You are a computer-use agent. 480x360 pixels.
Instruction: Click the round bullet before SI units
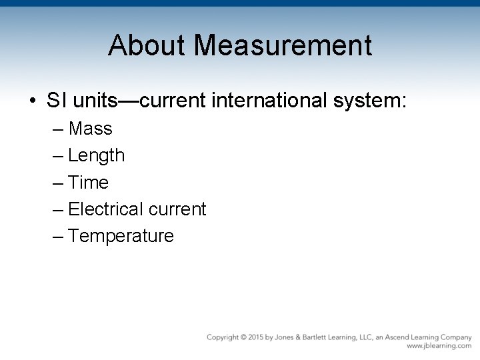tap(32, 102)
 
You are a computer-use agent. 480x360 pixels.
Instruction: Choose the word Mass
tap(90, 128)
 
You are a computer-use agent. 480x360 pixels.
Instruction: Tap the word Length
tap(97, 156)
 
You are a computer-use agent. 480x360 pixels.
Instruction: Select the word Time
tap(89, 182)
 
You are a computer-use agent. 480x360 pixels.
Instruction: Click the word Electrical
tap(105, 209)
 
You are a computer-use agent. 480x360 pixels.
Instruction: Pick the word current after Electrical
tap(177, 209)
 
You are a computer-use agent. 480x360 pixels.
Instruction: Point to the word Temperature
tap(121, 236)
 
